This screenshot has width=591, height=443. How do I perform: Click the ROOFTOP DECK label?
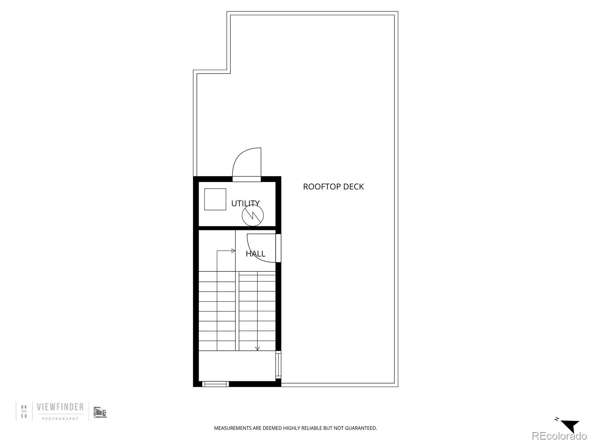pyautogui.click(x=333, y=187)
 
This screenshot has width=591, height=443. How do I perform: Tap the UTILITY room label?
pyautogui.click(x=245, y=203)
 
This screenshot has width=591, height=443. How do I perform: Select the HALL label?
pyautogui.click(x=255, y=254)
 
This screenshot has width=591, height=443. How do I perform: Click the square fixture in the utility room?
pyautogui.click(x=215, y=199)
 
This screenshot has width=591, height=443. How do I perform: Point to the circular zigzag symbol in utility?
pyautogui.click(x=253, y=216)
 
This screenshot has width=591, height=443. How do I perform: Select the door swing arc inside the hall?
pyautogui.click(x=260, y=248)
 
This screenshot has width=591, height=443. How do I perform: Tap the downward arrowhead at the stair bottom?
pyautogui.click(x=257, y=348)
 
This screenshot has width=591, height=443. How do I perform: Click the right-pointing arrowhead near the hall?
pyautogui.click(x=233, y=251)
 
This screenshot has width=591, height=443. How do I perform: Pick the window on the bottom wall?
pyautogui.click(x=215, y=384)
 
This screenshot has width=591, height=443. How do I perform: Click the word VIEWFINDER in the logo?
pyautogui.click(x=60, y=408)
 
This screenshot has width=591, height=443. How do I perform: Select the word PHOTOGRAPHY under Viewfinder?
pyautogui.click(x=60, y=419)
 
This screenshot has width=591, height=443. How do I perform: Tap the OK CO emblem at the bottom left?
pyautogui.click(x=24, y=411)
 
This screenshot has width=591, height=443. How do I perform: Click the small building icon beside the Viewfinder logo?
pyautogui.click(x=100, y=412)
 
